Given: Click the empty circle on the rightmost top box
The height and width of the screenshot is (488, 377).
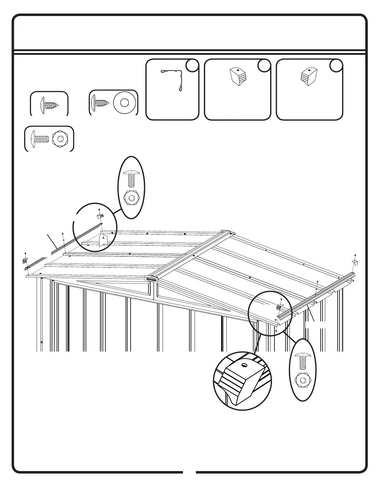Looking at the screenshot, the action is [x=336, y=66].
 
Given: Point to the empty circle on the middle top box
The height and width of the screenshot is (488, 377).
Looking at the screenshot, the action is [x=264, y=66].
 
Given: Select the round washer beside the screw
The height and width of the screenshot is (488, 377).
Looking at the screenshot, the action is [x=124, y=103].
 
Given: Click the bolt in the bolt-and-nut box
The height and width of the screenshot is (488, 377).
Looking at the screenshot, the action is [x=41, y=139].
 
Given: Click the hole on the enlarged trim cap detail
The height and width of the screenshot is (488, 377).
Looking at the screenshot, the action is [x=244, y=365].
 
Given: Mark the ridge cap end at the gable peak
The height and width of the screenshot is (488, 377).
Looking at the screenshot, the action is [x=151, y=279].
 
